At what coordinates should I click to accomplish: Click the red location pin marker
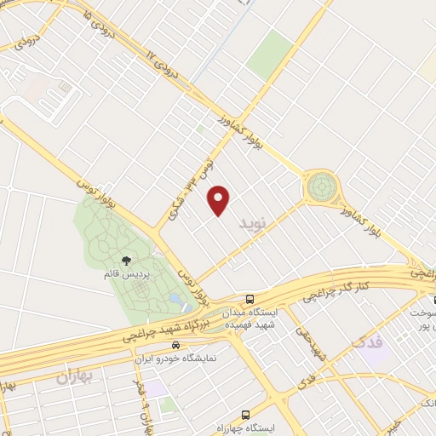220,199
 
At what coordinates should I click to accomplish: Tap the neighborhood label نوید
253,225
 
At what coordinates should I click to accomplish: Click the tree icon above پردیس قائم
127,261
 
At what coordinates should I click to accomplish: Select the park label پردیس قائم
126,277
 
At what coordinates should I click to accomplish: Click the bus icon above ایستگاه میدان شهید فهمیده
250,299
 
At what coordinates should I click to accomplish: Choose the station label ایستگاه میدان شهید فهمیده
249,318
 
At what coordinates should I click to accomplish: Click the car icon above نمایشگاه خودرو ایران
175,345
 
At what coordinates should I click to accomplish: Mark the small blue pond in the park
175,300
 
